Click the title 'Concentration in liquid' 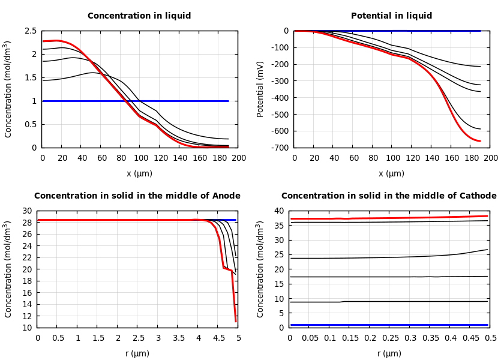[139, 16]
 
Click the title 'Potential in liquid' [391, 16]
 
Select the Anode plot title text [137, 196]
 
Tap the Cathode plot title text [389, 196]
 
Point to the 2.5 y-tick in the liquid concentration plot [30, 31]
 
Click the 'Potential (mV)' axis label [260, 89]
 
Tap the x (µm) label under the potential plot [391, 174]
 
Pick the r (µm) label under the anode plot [137, 354]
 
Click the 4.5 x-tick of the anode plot [218, 338]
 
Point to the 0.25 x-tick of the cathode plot [390, 338]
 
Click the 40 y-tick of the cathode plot [278, 211]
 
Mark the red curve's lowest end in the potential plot [480, 141]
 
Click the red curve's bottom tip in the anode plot [235, 321]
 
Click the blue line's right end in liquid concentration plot [228, 101]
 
